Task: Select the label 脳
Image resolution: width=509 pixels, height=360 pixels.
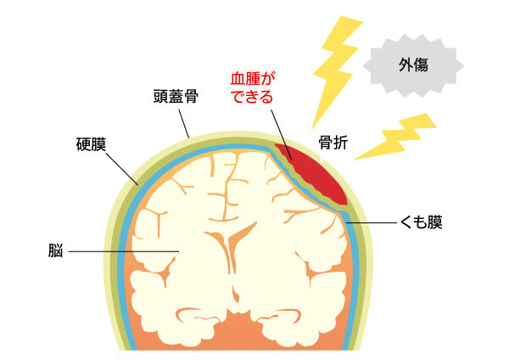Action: (x=55, y=251)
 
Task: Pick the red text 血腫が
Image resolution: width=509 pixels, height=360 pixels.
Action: (x=254, y=79)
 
